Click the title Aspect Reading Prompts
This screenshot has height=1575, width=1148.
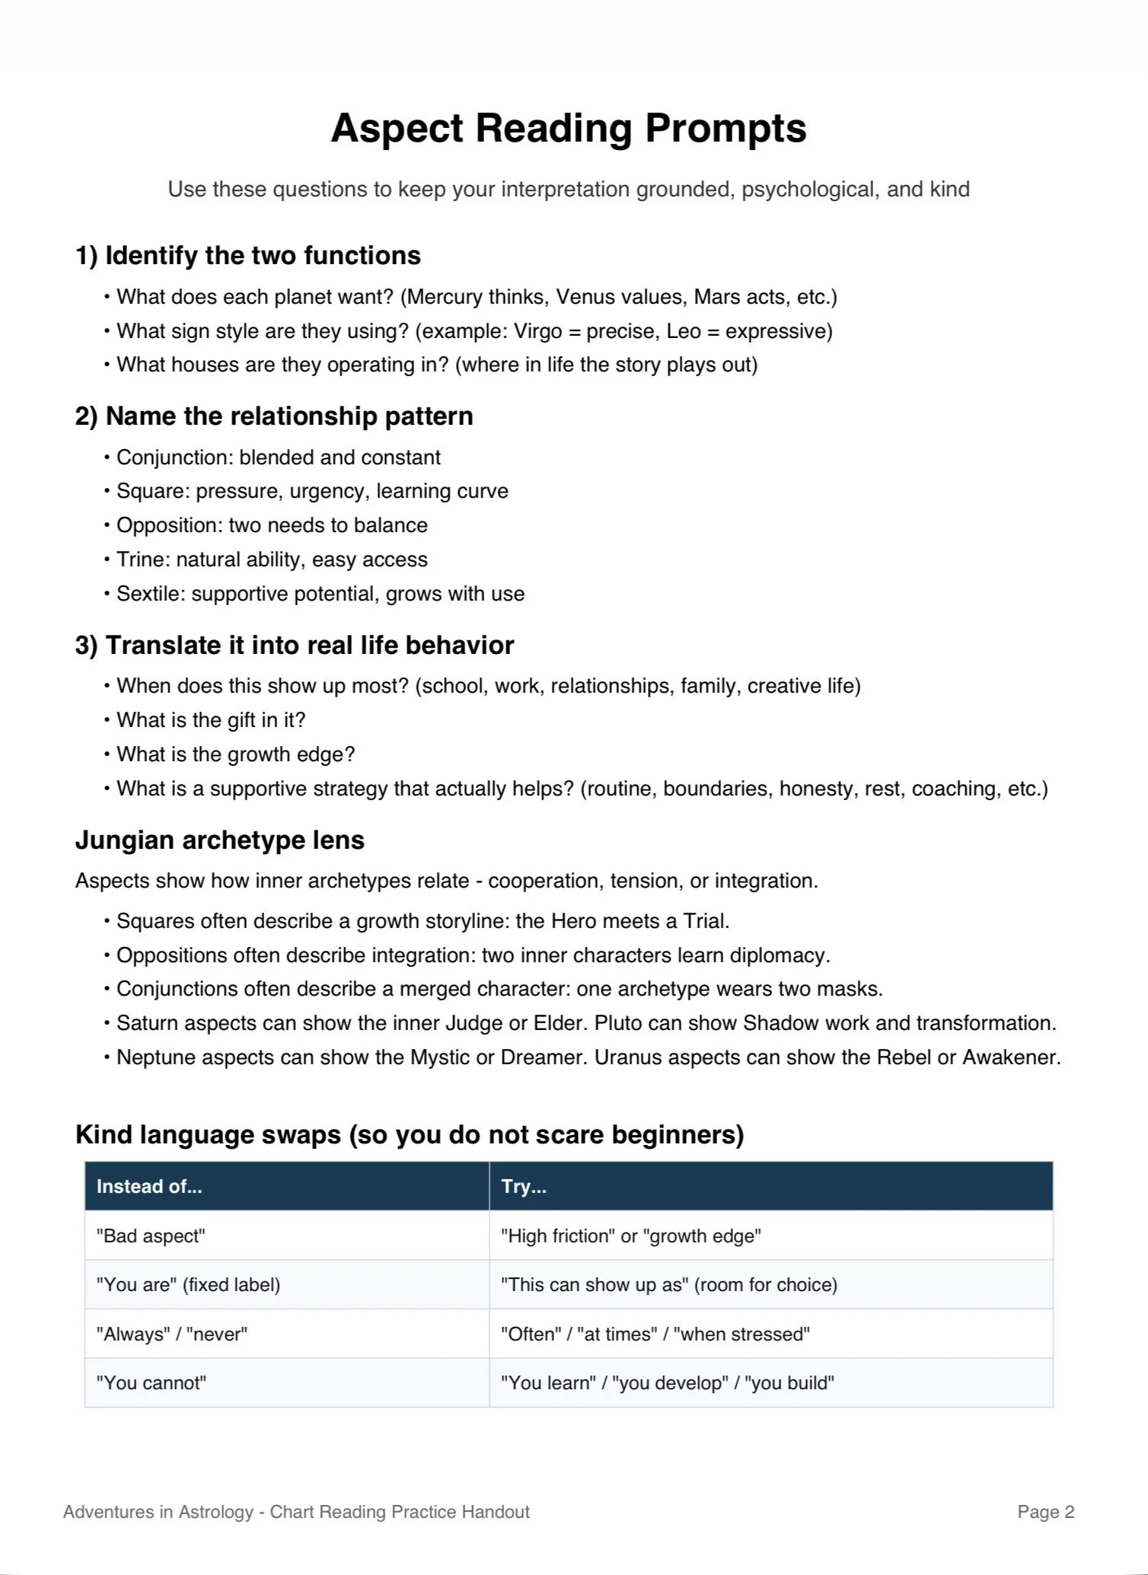coord(568,128)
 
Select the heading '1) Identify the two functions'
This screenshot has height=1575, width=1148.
coord(247,256)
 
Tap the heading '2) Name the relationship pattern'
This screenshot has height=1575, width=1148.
coord(274,416)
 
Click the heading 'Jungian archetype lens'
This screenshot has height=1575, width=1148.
coord(219,840)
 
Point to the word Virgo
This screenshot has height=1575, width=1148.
coord(537,331)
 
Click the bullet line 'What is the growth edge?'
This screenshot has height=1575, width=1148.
coord(235,754)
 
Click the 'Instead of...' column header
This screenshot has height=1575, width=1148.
coord(149,1186)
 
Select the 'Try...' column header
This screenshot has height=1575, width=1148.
coord(524,1186)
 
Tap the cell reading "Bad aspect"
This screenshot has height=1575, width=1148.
coord(151,1235)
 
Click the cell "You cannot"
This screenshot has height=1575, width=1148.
coord(151,1382)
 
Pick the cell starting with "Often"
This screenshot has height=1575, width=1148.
coord(655,1334)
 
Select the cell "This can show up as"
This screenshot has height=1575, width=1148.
coord(668,1285)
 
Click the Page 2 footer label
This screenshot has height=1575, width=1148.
coord(1045,1512)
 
